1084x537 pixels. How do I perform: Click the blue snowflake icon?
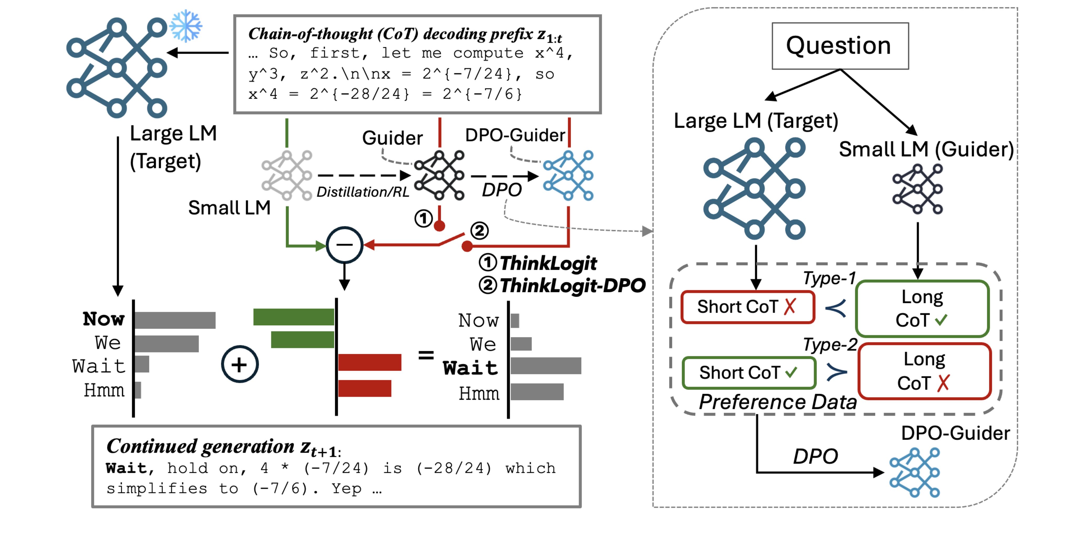pyautogui.click(x=186, y=26)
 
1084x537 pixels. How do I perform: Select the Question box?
pyautogui.click(x=840, y=46)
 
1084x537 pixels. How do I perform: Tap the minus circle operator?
pyautogui.click(x=345, y=245)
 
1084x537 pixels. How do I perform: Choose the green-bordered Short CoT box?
pyautogui.click(x=749, y=373)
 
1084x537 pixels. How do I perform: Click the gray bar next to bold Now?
pyautogui.click(x=175, y=320)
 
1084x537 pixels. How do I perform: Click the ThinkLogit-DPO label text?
pyautogui.click(x=572, y=286)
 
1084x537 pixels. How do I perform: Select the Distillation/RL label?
pyautogui.click(x=363, y=192)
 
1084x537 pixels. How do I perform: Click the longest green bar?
pyautogui.click(x=294, y=317)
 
